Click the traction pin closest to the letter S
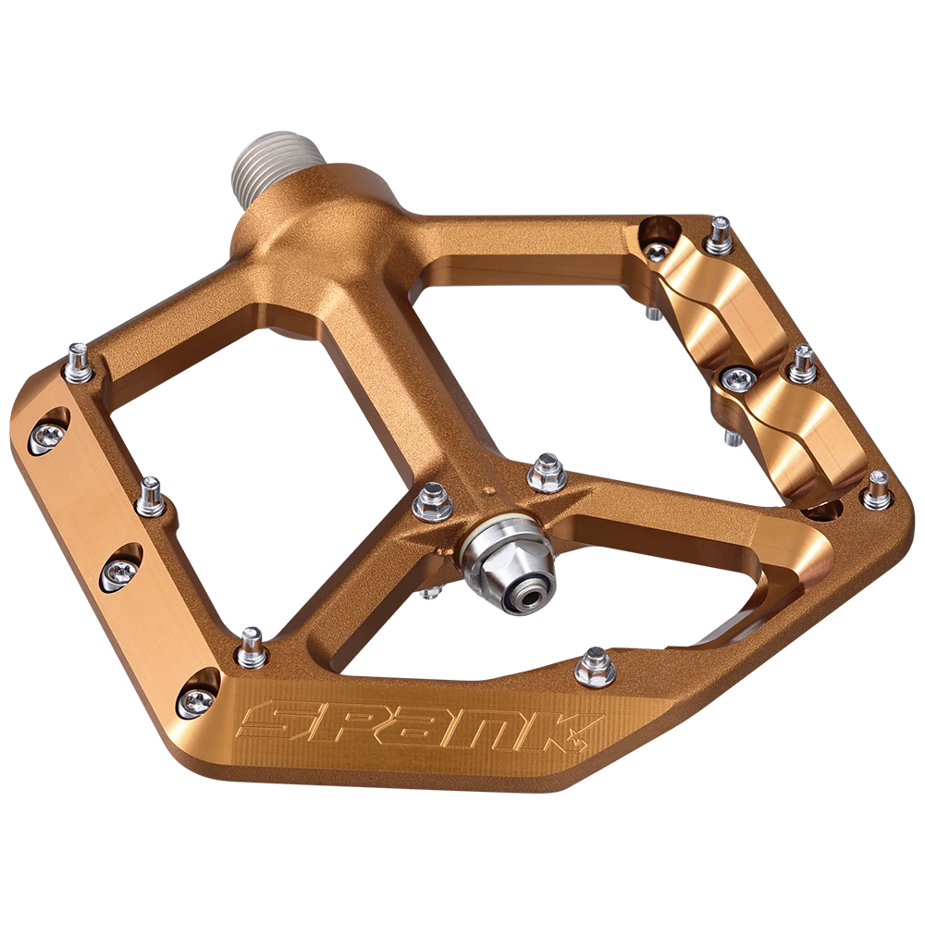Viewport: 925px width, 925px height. (251, 646)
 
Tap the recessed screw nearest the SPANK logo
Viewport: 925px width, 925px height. (197, 700)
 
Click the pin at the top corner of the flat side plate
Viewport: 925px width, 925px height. (79, 363)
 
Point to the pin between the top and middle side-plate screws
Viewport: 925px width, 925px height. (152, 497)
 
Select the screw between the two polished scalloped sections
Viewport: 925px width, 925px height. (736, 378)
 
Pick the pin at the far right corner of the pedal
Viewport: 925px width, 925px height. (876, 490)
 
